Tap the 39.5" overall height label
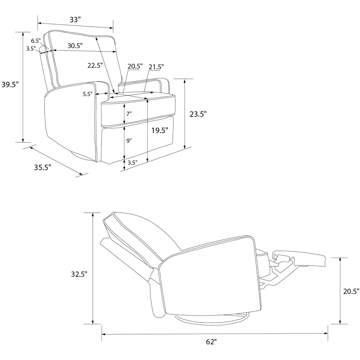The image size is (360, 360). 10,85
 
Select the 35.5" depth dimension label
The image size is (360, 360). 42,167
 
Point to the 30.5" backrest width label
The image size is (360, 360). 75,46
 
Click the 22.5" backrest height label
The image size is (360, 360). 95,66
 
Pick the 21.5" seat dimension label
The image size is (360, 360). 156,67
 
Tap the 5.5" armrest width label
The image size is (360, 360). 87,94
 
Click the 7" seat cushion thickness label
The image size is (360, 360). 129,114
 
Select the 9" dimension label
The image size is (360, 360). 129,140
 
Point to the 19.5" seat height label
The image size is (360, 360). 160,130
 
